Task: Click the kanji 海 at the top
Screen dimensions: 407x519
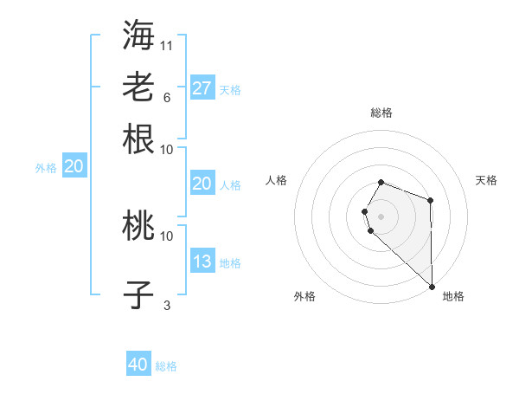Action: pyautogui.click(x=138, y=34)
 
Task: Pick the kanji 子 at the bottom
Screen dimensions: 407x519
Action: pyautogui.click(x=138, y=295)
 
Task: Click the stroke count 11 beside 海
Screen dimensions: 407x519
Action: pyautogui.click(x=167, y=45)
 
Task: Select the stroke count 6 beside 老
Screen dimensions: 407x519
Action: pyautogui.click(x=167, y=97)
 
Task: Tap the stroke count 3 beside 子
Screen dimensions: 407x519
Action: pyautogui.click(x=167, y=306)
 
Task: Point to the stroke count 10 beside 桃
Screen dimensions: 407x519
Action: pyautogui.click(x=167, y=236)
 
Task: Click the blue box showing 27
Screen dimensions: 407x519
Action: pyautogui.click(x=202, y=88)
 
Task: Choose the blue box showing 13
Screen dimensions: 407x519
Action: pyautogui.click(x=202, y=262)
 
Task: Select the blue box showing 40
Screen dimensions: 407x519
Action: pyautogui.click(x=138, y=365)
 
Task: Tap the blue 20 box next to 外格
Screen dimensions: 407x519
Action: pyautogui.click(x=74, y=167)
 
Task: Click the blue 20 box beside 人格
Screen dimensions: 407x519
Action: pyautogui.click(x=202, y=184)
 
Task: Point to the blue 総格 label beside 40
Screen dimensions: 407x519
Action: pyautogui.click(x=166, y=366)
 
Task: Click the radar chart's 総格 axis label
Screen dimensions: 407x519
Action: pyautogui.click(x=381, y=113)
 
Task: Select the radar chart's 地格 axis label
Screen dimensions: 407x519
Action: pyautogui.click(x=453, y=296)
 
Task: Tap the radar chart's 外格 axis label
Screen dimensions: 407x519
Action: pyautogui.click(x=304, y=296)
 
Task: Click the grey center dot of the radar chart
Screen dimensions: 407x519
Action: pyautogui.click(x=381, y=216)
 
